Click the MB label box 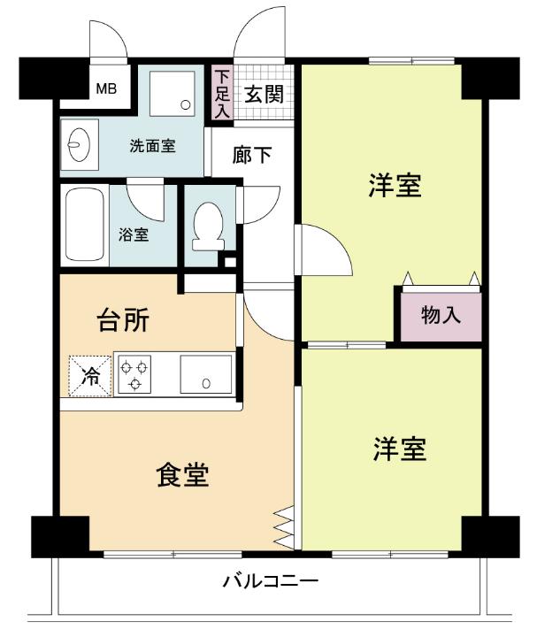pyautogui.click(x=106, y=88)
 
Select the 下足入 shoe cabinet pyautogui.click(x=220, y=93)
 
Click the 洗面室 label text pyautogui.click(x=152, y=146)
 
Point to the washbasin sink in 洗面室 pyautogui.click(x=78, y=143)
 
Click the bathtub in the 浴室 pyautogui.click(x=84, y=225)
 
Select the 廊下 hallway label pyautogui.click(x=252, y=156)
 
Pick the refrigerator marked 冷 pyautogui.click(x=91, y=375)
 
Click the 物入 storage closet pyautogui.click(x=440, y=314)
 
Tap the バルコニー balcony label pyautogui.click(x=270, y=582)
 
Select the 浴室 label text pyautogui.click(x=134, y=235)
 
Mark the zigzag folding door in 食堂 pyautogui.click(x=283, y=527)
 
